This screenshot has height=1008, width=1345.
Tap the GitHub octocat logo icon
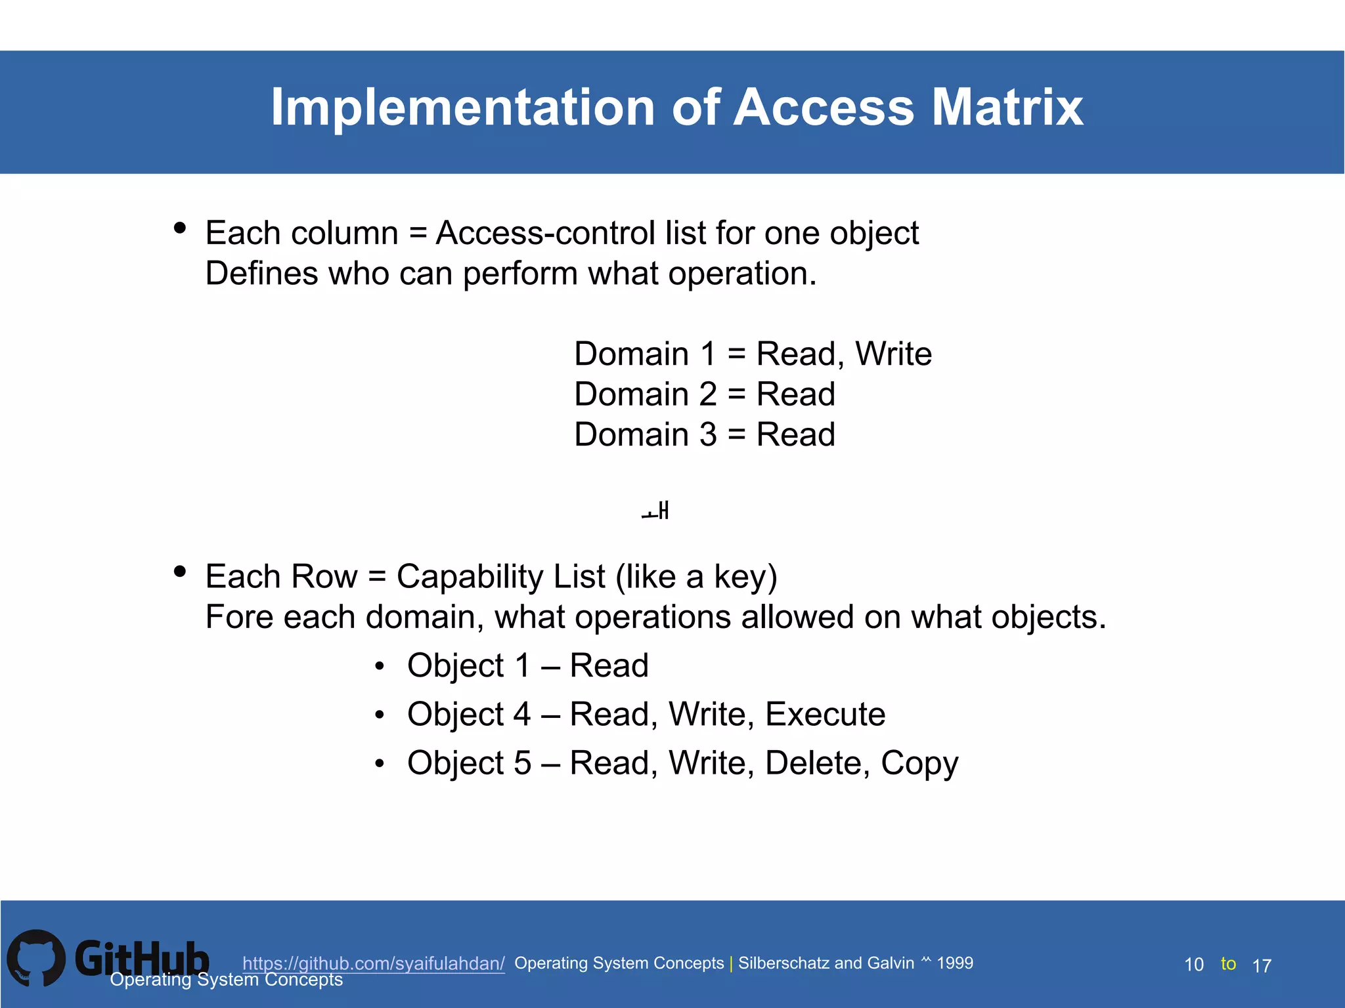(36, 957)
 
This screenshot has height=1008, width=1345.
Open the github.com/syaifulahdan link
(373, 963)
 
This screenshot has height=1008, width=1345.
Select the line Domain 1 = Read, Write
(753, 354)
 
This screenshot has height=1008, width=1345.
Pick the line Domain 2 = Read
(704, 394)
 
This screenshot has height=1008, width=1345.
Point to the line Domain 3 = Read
(704, 434)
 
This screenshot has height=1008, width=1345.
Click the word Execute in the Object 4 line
(825, 714)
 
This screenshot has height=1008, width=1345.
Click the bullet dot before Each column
(180, 228)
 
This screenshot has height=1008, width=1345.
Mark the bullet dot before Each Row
(180, 572)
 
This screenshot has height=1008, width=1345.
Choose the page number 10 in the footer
(1193, 965)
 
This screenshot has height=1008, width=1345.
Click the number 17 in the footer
(1262, 966)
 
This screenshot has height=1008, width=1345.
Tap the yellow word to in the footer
(1228, 963)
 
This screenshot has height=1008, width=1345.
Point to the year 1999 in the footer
(955, 963)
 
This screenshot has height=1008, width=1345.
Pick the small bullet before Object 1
(379, 667)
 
